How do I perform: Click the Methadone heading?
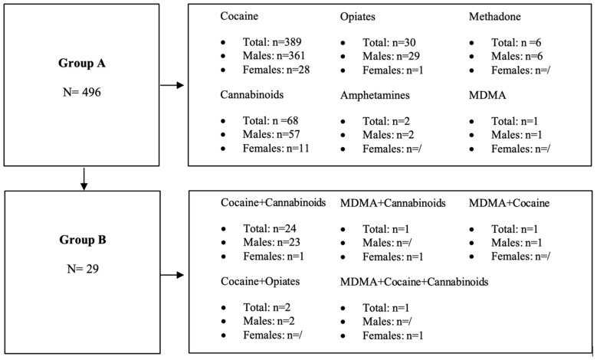point(497,16)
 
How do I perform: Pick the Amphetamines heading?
point(378,98)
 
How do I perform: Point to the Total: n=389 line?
point(262,41)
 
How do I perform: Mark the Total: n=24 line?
point(259,228)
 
